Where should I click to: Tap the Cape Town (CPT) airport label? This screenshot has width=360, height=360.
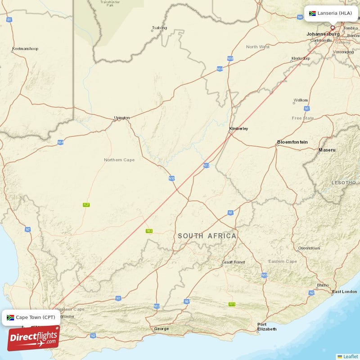[x=31, y=317]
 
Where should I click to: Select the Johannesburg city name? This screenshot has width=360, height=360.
[x=323, y=34]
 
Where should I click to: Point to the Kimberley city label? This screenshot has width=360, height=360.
[x=238, y=129]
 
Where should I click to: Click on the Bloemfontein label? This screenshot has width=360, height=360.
[x=292, y=142]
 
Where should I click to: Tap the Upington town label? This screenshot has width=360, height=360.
[x=121, y=118]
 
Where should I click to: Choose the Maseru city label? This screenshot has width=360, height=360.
[x=327, y=149]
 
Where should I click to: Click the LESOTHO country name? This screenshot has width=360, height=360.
[x=343, y=183]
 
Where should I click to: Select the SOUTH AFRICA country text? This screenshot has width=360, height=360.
[x=207, y=236]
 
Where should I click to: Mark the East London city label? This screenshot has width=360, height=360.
[x=344, y=292]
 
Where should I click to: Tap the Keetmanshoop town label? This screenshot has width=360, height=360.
[x=26, y=49]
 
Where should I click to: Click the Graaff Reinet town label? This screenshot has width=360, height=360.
[x=233, y=262]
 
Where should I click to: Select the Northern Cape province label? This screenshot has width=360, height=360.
[x=119, y=160]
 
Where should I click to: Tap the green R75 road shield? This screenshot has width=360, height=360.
[x=232, y=304]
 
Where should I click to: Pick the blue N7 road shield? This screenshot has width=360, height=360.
[x=28, y=229]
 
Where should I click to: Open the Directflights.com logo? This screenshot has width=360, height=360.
[x=33, y=338]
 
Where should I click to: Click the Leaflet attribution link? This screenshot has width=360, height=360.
[x=350, y=356]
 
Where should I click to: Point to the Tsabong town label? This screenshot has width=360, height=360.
[x=159, y=28]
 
